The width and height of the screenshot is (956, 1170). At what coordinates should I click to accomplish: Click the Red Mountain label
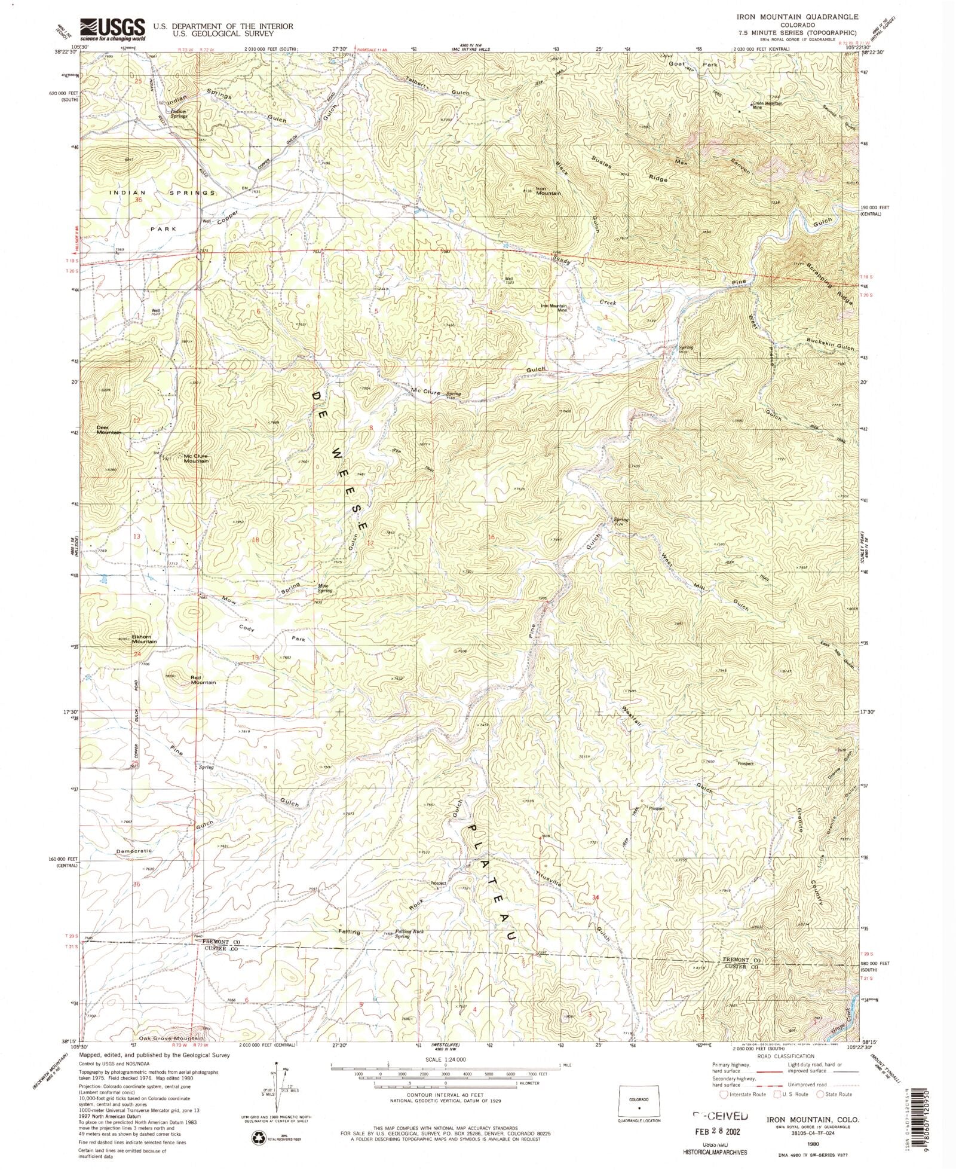(x=203, y=679)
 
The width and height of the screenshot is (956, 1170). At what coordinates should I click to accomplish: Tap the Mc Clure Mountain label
(x=196, y=458)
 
